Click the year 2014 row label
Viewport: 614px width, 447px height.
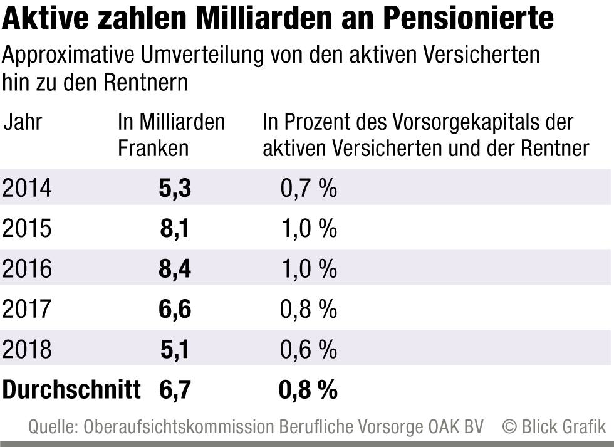pyautogui.click(x=27, y=188)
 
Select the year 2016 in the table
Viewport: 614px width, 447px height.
pyautogui.click(x=27, y=269)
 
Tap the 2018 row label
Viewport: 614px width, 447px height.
pyautogui.click(x=27, y=350)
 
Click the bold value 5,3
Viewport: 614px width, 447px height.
pyautogui.click(x=175, y=188)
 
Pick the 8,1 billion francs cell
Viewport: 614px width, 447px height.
pyautogui.click(x=175, y=229)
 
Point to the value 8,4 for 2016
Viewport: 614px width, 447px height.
pyautogui.click(x=175, y=269)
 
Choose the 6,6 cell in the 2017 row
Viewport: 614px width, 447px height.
pyautogui.click(x=175, y=309)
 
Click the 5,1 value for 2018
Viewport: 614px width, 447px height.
pyautogui.click(x=175, y=350)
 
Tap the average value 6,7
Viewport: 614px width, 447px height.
pyautogui.click(x=175, y=390)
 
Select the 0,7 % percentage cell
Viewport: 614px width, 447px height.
pyautogui.click(x=308, y=188)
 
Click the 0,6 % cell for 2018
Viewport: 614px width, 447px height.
pyautogui.click(x=308, y=350)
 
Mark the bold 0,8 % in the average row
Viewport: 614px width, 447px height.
pyautogui.click(x=308, y=390)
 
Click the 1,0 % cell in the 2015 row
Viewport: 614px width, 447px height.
pyautogui.click(x=308, y=229)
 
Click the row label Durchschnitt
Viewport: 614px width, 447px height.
pyautogui.click(x=71, y=390)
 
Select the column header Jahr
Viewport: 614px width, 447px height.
pyautogui.click(x=23, y=122)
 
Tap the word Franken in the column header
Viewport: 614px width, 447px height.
pyautogui.click(x=153, y=149)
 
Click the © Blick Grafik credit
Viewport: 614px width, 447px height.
pyautogui.click(x=554, y=427)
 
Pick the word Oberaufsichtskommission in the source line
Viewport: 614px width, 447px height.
pyautogui.click(x=179, y=427)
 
